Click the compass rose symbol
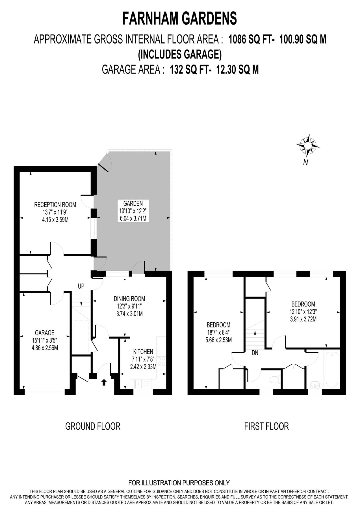pos(308,146)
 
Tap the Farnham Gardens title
pos(180,19)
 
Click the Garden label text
pos(133,203)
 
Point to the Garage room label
pos(45,333)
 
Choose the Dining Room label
pos(129,299)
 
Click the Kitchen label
pos(143,352)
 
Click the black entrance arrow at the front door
pos(104,383)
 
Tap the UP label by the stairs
pos(81,286)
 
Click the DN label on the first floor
pos(255,353)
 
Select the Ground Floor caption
pos(93,426)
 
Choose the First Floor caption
pos(266,426)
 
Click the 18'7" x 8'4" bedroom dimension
pos(218,332)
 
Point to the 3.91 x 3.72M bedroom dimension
pos(303,319)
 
